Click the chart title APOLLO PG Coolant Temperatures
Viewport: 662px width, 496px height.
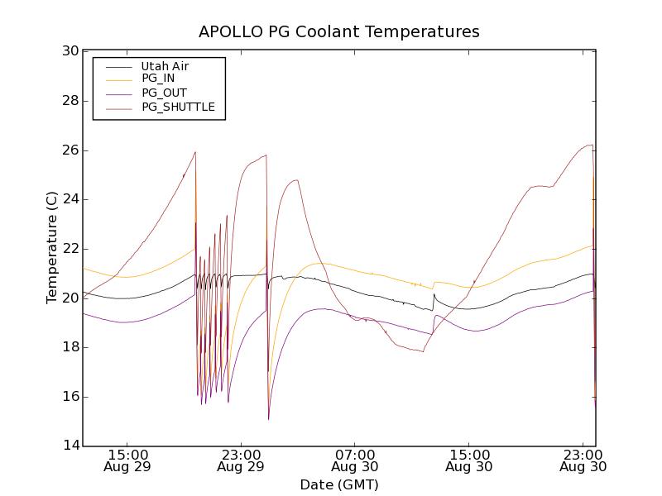coord(339,32)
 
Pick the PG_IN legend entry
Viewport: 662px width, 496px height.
coord(158,79)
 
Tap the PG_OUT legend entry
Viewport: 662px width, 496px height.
coord(164,93)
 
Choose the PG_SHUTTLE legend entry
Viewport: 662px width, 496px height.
coord(178,107)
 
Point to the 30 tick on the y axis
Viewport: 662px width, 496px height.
coord(70,51)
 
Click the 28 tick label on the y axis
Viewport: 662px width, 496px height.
coord(70,101)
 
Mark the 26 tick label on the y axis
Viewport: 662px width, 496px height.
coord(70,150)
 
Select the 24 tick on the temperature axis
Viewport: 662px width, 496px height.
coord(70,199)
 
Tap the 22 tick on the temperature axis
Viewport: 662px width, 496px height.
coord(70,249)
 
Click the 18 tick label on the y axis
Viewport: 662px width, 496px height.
coord(70,347)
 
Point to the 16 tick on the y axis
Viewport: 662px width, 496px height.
coord(70,397)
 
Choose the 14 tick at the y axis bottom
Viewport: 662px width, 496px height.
coord(70,446)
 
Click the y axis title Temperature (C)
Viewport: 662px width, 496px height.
coord(52,248)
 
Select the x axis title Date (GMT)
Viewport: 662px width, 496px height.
coord(339,484)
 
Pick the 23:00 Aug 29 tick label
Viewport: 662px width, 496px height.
coord(241,460)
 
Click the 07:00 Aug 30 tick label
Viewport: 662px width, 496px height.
coord(355,460)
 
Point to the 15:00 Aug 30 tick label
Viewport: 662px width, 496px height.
coord(469,460)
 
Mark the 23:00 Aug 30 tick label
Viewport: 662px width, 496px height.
coord(583,460)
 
